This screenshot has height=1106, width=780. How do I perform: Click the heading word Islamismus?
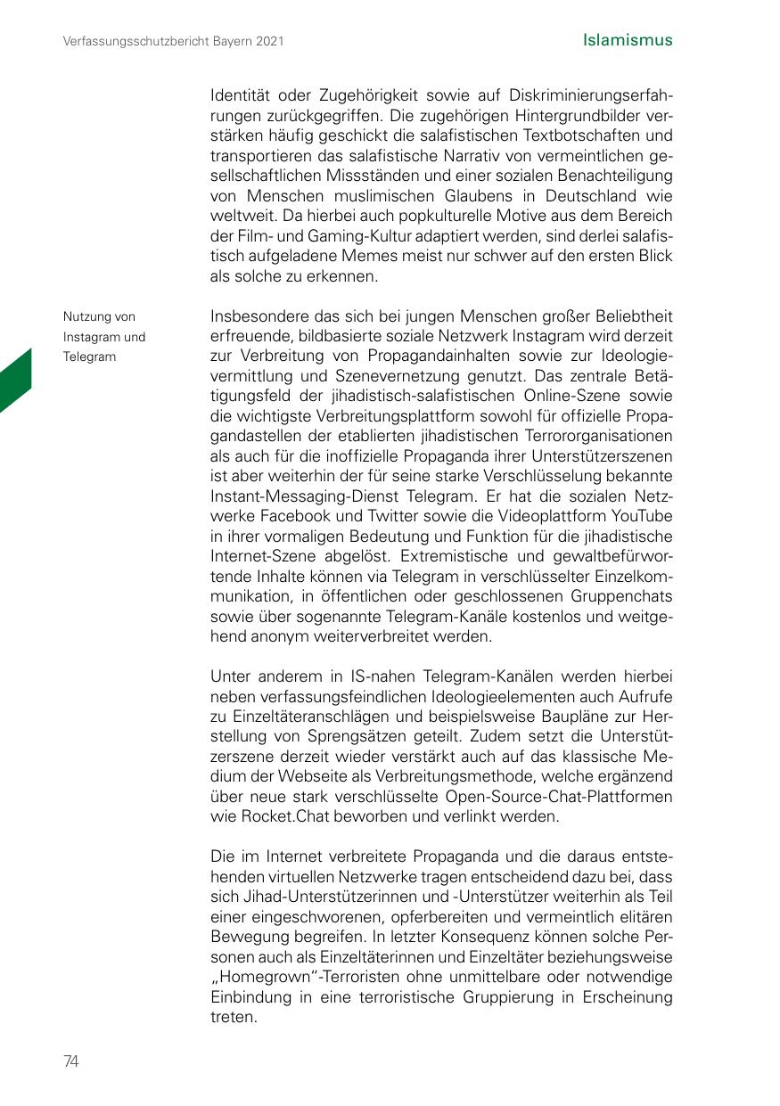point(627,40)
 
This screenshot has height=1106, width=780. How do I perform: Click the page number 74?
point(71,1061)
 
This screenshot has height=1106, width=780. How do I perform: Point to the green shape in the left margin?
point(15,381)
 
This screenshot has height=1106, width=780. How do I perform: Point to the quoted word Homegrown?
point(257,977)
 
